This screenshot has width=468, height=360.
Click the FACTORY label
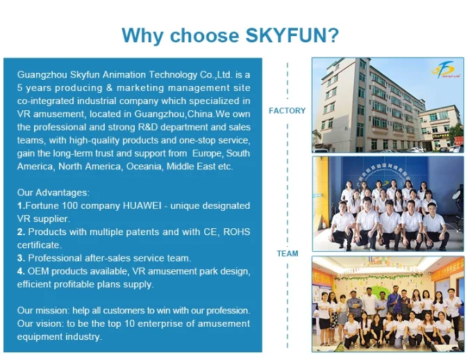pyautogui.click(x=287, y=111)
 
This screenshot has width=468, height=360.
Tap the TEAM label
pyautogui.click(x=287, y=253)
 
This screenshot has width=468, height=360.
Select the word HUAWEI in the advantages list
pyautogui.click(x=142, y=206)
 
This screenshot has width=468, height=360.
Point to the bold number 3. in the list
pyautogui.click(x=22, y=258)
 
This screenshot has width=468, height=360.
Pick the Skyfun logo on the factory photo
pyautogui.click(x=443, y=69)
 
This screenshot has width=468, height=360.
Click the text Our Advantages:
pyautogui.click(x=53, y=192)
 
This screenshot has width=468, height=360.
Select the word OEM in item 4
pyautogui.click(x=38, y=271)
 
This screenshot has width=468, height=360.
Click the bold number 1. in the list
pyautogui.click(x=22, y=206)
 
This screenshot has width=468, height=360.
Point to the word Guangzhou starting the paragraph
pyautogui.click(x=42, y=74)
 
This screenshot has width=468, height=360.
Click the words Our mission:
pyautogui.click(x=44, y=311)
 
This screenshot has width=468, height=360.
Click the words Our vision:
pyautogui.click(x=40, y=324)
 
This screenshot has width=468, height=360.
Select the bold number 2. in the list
pyautogui.click(x=22, y=232)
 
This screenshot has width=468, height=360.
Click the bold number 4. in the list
pyautogui.click(x=22, y=271)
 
